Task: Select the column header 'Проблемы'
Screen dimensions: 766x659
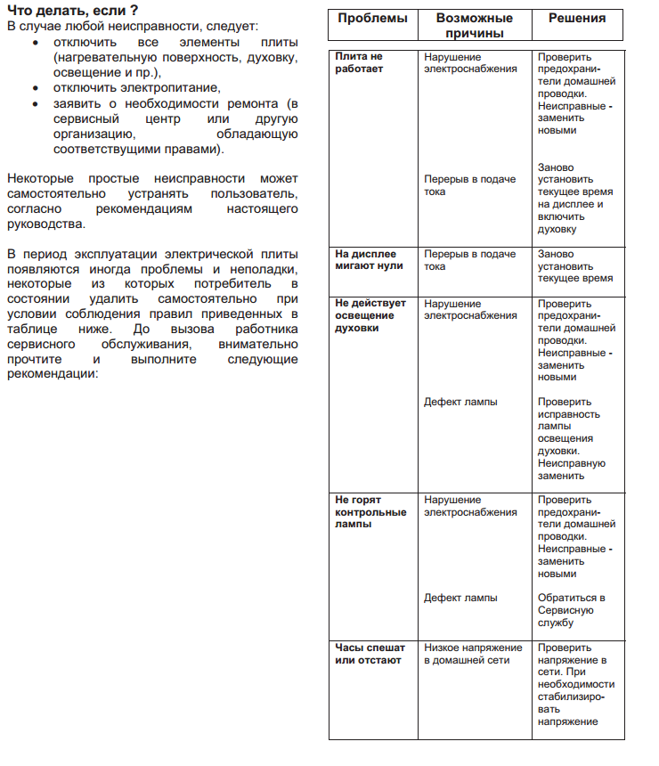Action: point(372,19)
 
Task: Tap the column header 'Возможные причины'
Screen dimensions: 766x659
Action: point(475,26)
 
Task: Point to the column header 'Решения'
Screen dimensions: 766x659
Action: point(577,19)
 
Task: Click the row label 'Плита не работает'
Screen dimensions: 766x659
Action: point(360,63)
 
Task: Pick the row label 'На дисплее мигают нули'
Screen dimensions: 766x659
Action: point(370,260)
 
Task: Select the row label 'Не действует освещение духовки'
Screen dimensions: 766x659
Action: point(370,315)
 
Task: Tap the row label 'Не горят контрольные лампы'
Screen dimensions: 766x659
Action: point(370,512)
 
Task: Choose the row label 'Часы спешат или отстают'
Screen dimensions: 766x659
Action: point(369,654)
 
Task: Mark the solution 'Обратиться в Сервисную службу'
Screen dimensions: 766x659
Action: point(572,610)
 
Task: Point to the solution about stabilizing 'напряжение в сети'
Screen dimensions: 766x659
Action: point(574,685)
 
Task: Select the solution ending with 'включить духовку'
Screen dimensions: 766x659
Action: point(574,198)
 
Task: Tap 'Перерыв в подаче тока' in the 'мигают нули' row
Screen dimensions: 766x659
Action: point(469,260)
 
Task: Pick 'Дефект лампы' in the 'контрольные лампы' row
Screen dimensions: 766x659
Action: point(460,598)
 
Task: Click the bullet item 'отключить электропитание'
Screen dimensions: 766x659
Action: point(135,88)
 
